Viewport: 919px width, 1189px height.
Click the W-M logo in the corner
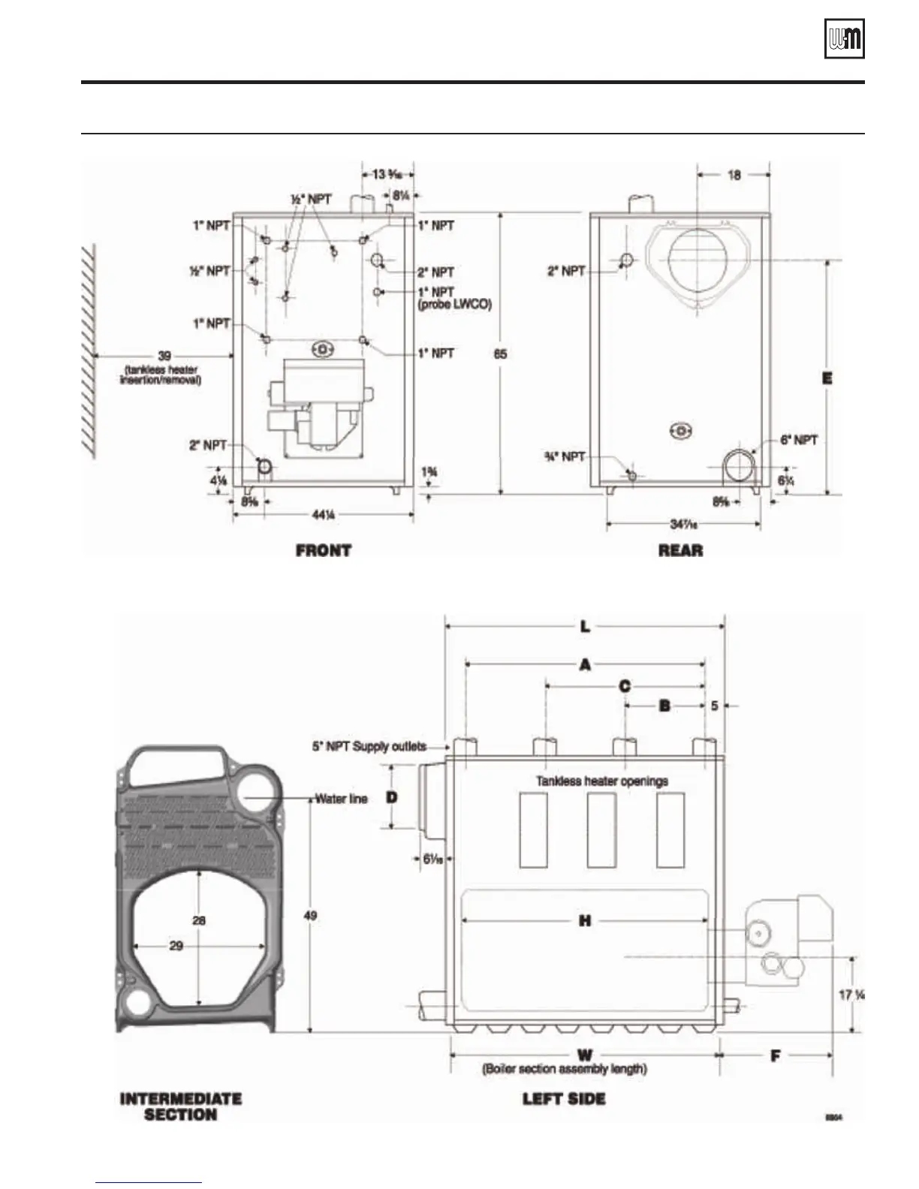click(845, 38)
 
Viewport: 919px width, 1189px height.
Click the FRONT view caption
click(324, 550)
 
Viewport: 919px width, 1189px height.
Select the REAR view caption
click(680, 550)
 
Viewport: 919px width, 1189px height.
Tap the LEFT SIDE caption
click(564, 1099)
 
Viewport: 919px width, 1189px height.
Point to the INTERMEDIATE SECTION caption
click(181, 1106)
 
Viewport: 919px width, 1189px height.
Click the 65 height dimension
click(500, 354)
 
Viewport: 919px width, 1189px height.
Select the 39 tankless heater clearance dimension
click(164, 356)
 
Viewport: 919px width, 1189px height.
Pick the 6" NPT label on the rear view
click(799, 440)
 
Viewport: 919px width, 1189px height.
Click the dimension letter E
click(827, 378)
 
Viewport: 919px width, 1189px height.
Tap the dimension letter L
click(586, 625)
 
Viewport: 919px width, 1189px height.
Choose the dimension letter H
click(585, 920)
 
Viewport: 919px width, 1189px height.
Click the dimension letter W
click(585, 1055)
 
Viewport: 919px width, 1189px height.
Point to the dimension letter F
click(776, 1055)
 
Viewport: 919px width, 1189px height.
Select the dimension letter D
click(392, 797)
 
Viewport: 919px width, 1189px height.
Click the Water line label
click(342, 799)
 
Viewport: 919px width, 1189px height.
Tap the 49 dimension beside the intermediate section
click(310, 916)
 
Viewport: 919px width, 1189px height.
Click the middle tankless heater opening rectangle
click(601, 830)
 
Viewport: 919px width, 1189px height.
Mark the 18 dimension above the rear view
click(734, 174)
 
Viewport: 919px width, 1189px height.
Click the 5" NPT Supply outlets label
click(369, 746)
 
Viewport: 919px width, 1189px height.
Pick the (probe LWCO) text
click(454, 305)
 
